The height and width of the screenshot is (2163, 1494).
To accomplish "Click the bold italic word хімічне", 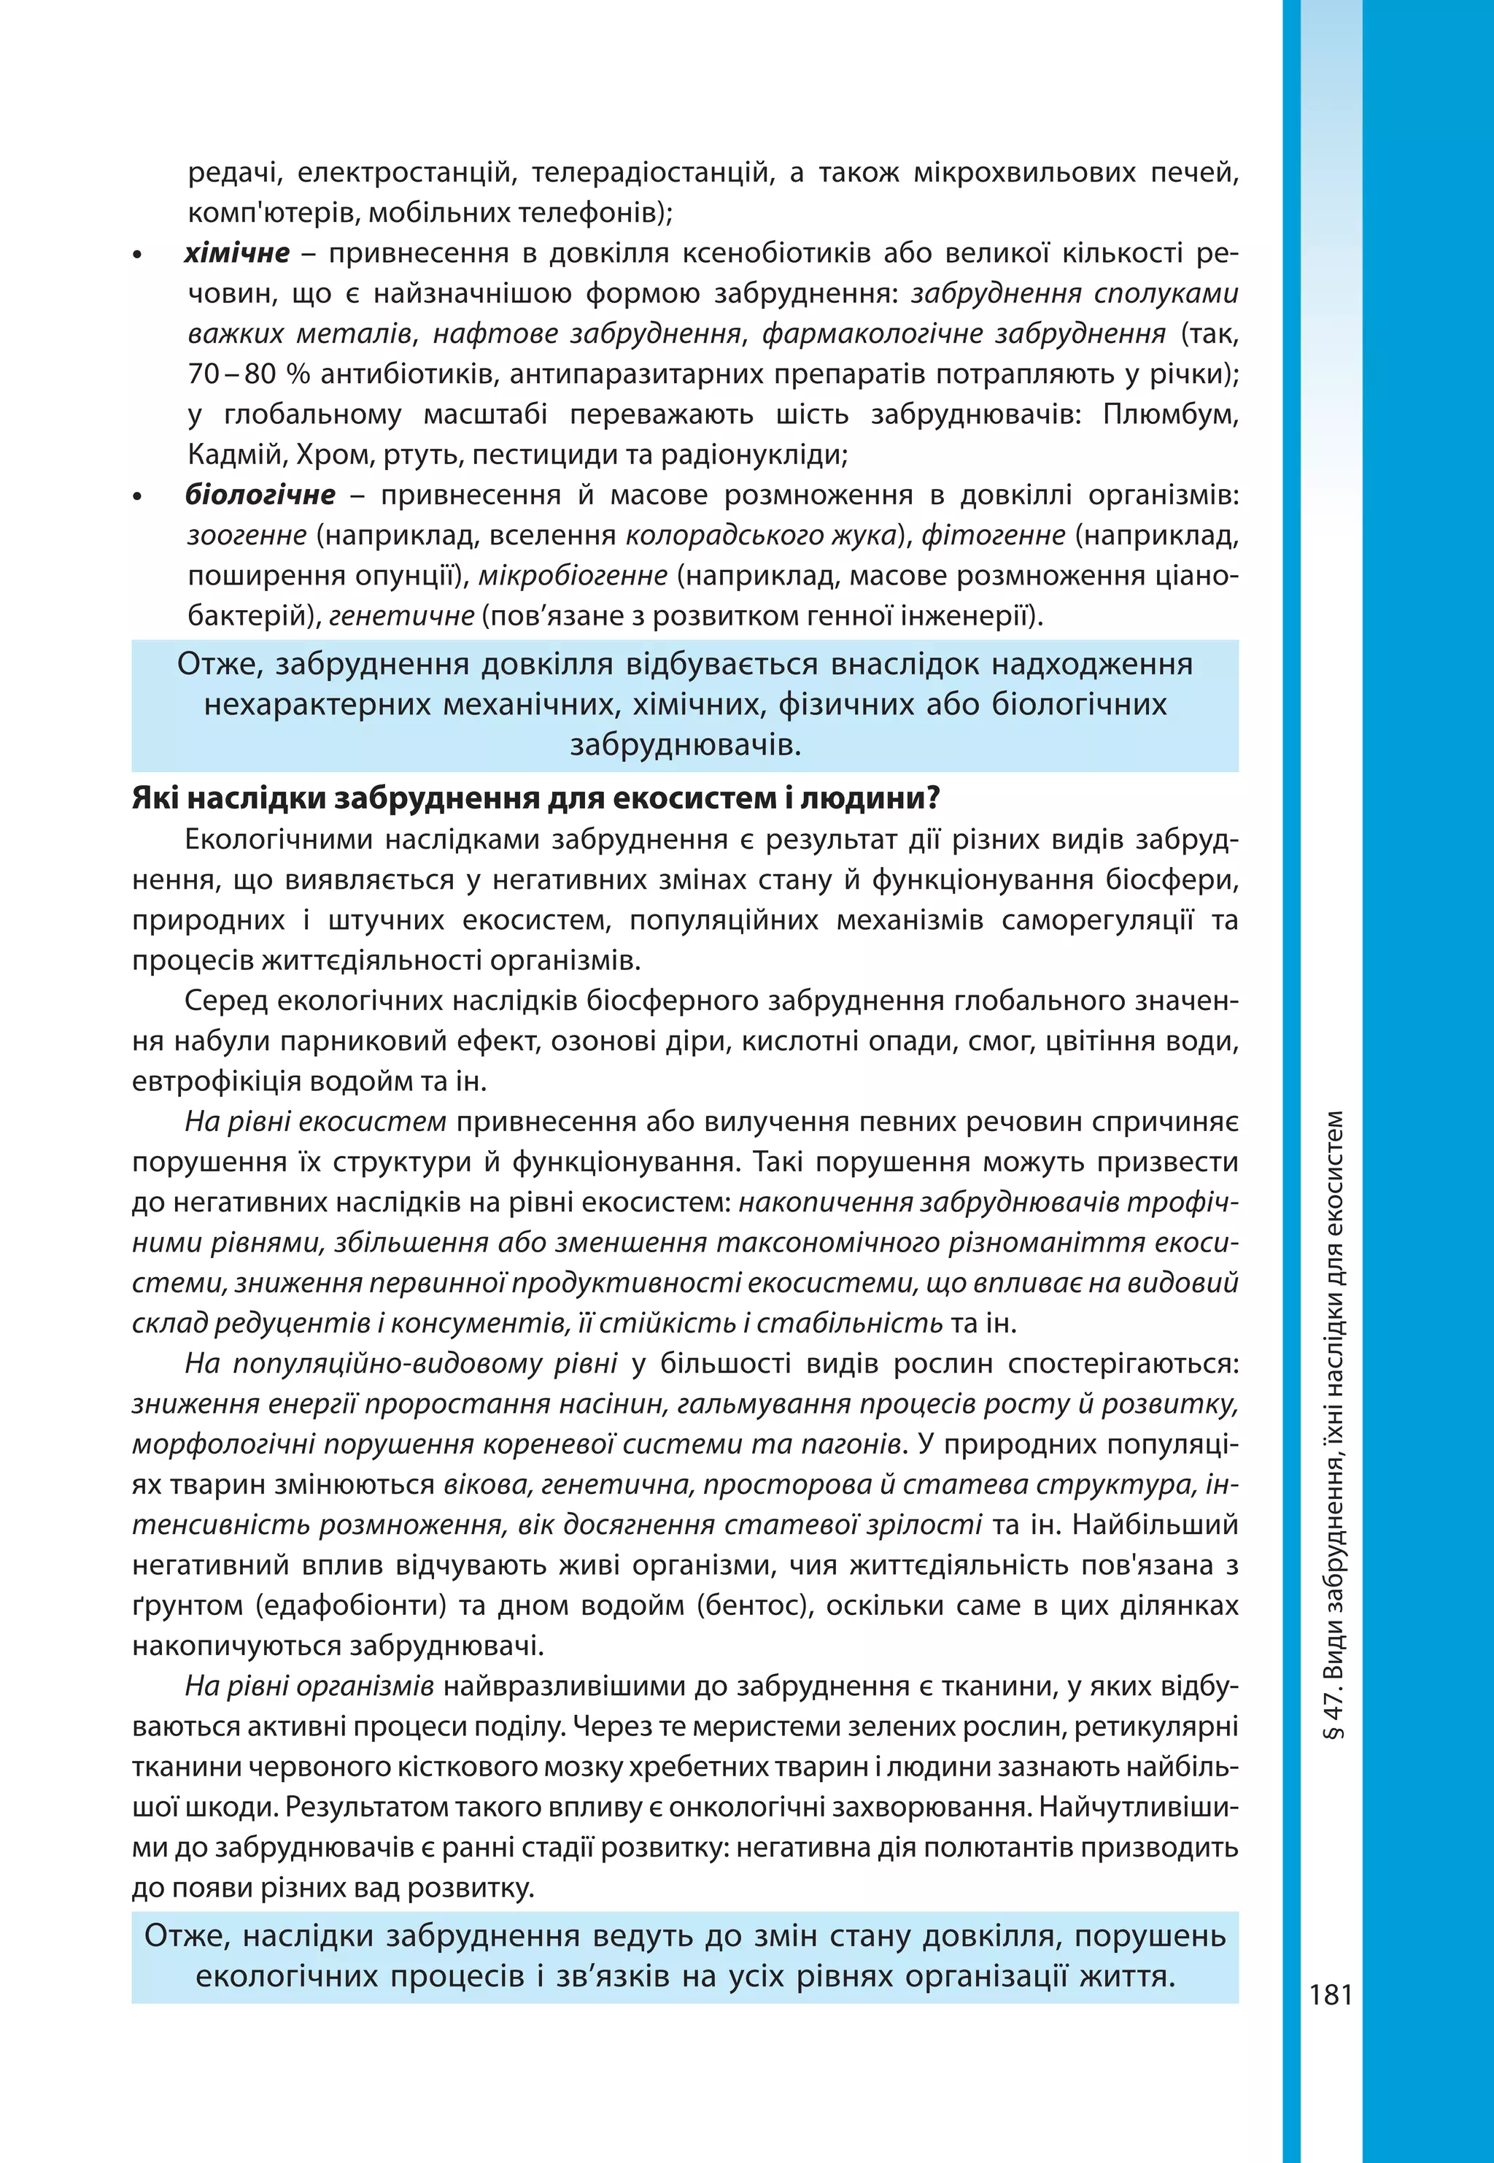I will (237, 252).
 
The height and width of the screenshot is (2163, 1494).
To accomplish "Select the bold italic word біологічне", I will (260, 494).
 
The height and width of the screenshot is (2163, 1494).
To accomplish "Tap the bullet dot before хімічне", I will (139, 255).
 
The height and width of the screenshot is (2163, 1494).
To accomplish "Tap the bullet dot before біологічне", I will (139, 497).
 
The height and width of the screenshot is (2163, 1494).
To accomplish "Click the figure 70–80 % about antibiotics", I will (247, 374).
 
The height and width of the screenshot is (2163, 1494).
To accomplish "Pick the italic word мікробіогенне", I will (573, 575).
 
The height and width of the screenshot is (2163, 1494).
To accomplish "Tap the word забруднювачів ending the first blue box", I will (685, 745).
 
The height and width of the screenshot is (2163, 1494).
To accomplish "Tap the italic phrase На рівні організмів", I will (309, 1686).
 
